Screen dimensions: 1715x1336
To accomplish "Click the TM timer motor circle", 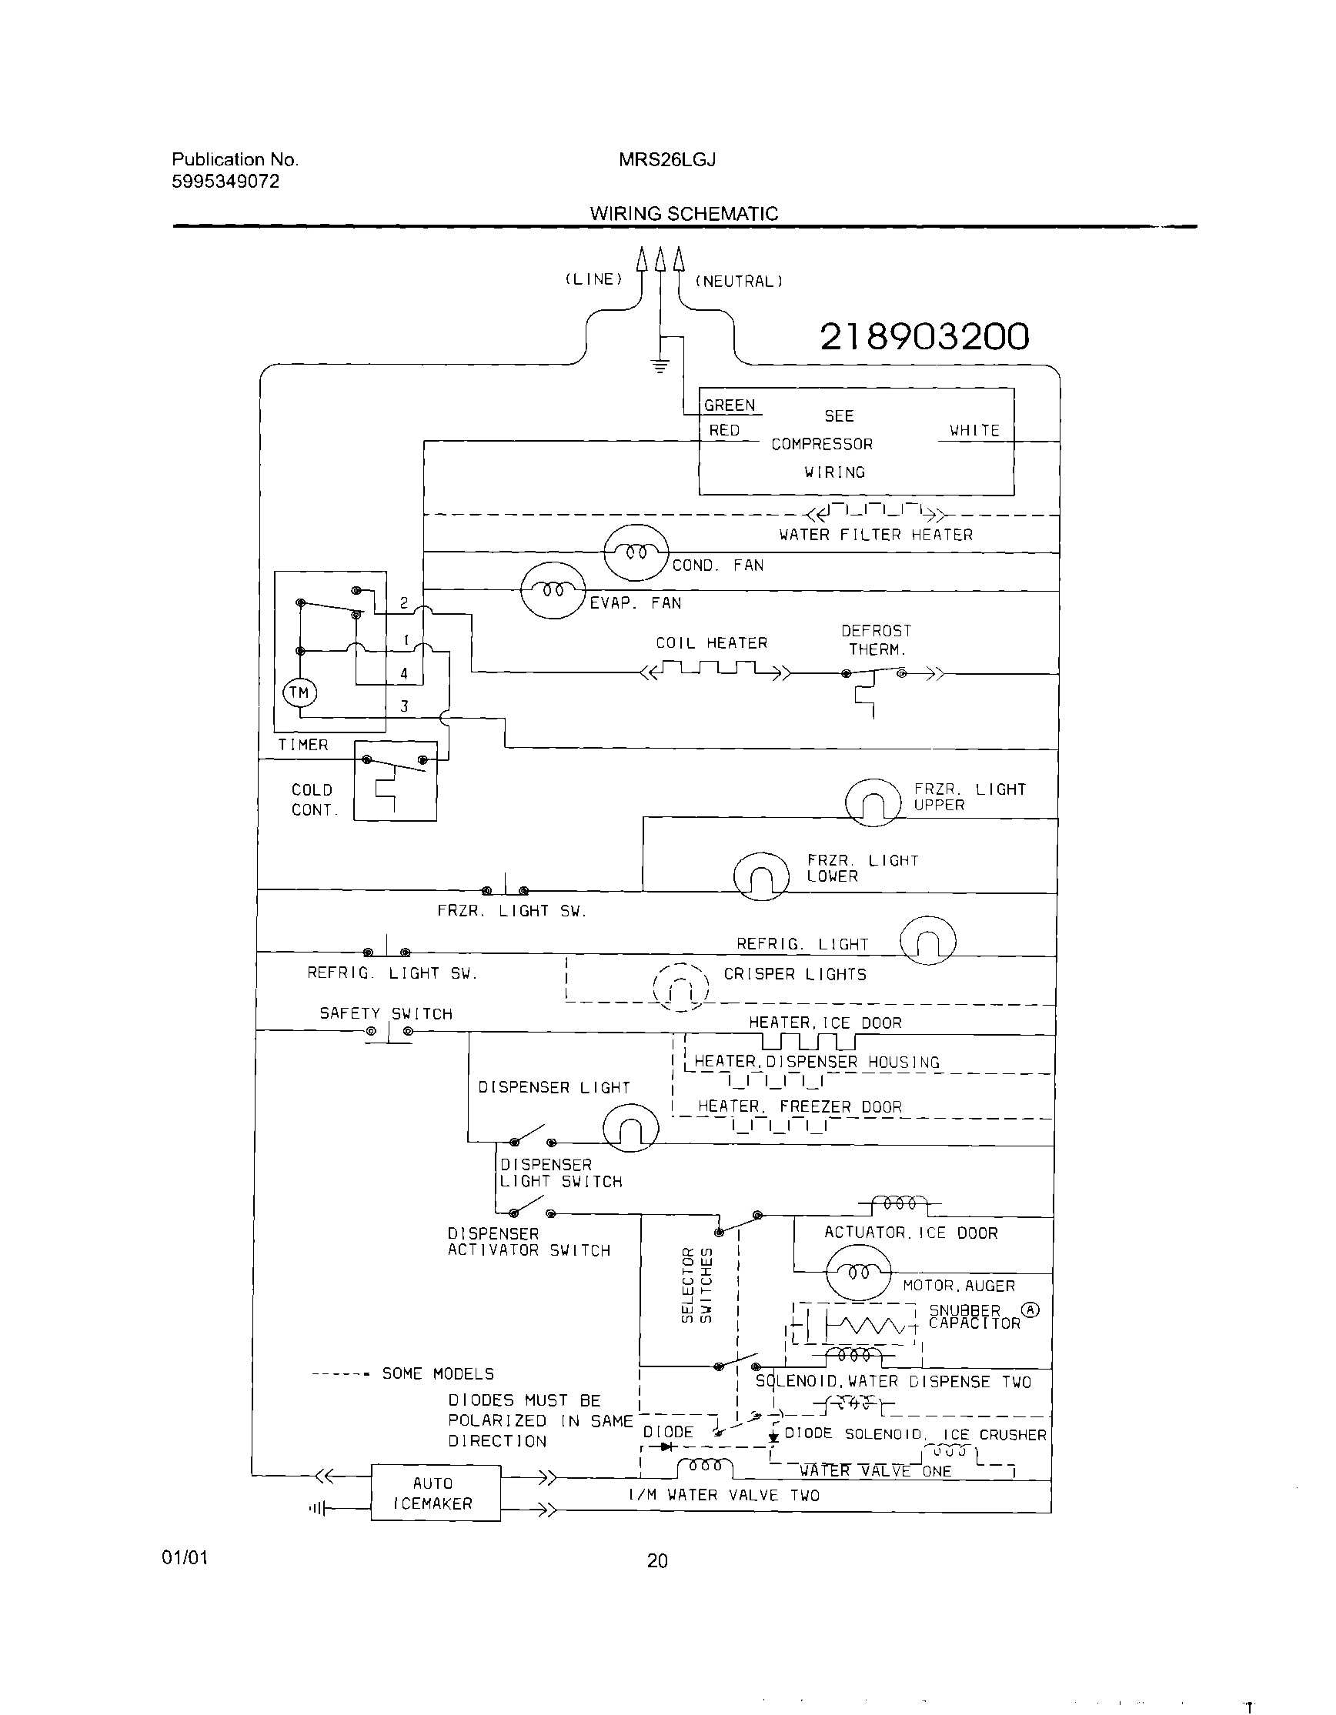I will (x=299, y=693).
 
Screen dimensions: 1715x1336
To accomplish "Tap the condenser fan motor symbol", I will (x=636, y=553).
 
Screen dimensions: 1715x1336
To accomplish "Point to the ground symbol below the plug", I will (x=660, y=365).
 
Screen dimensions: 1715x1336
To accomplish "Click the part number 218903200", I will (x=924, y=337).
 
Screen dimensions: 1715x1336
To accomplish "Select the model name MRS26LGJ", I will (x=666, y=160).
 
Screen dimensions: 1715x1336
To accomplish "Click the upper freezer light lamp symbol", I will (x=873, y=802).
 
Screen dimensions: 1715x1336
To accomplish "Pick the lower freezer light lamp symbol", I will (x=760, y=876).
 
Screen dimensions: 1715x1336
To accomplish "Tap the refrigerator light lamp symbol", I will (x=927, y=940).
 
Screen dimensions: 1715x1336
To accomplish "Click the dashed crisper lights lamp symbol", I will (x=681, y=987).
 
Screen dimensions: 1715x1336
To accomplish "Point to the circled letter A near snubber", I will (x=1030, y=1310).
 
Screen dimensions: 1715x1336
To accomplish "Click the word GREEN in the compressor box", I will (x=729, y=405).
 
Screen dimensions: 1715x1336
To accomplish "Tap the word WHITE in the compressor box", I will (x=974, y=430).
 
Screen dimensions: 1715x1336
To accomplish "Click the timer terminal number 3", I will (x=405, y=706).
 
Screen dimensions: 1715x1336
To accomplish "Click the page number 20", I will (x=657, y=1561).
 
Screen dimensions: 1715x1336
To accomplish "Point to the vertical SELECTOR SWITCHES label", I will (x=696, y=1285).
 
